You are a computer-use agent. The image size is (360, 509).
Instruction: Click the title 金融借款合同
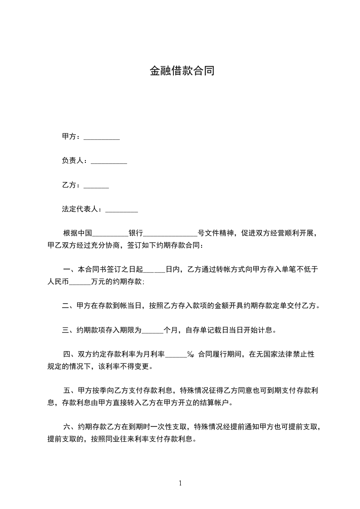click(x=182, y=71)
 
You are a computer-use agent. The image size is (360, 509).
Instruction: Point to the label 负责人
click(x=73, y=161)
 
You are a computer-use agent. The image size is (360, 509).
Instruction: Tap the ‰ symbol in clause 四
click(x=191, y=355)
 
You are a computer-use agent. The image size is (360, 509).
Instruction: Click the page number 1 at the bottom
click(x=180, y=483)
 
